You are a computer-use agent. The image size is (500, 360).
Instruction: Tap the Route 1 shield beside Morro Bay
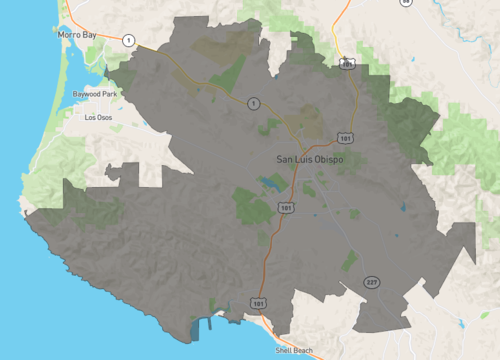pos(129,39)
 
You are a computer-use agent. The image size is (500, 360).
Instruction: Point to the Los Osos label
pos(99,117)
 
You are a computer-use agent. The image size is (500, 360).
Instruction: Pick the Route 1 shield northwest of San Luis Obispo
pos(254,103)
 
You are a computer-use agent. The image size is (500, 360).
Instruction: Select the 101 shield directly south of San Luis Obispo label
pos(287,208)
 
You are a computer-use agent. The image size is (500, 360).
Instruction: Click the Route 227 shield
pos(371,282)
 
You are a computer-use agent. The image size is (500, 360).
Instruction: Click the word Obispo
pos(333,158)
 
